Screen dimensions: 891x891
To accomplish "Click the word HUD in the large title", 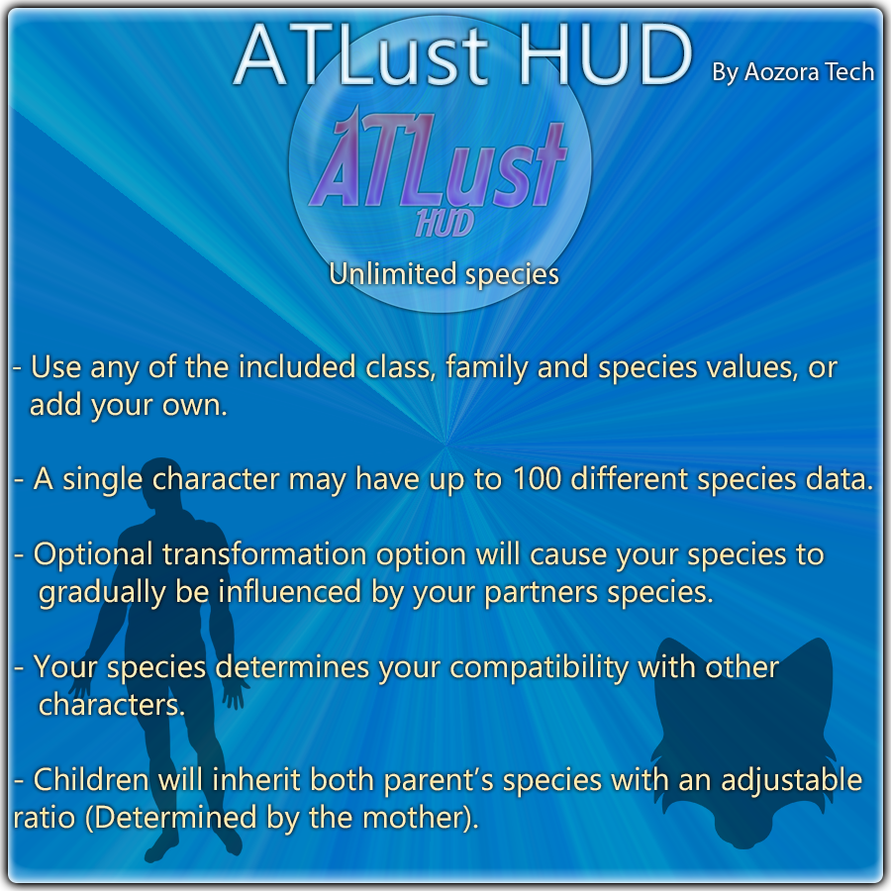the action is [606, 55].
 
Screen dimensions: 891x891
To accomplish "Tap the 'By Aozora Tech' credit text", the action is [793, 72].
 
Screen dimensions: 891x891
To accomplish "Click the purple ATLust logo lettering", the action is [439, 159].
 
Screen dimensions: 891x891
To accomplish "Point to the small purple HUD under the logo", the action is [445, 223].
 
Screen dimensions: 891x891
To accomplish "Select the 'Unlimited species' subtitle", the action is [444, 274].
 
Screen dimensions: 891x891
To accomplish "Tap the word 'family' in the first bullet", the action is [487, 368].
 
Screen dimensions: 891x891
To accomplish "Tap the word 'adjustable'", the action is [792, 780].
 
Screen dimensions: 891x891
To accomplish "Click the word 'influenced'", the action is [290, 592].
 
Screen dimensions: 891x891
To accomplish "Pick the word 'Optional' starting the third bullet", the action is [93, 555].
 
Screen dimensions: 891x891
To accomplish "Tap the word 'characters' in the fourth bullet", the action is [111, 705].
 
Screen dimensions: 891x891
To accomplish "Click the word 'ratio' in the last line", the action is [45, 819].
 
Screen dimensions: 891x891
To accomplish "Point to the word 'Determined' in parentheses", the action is [178, 818].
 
